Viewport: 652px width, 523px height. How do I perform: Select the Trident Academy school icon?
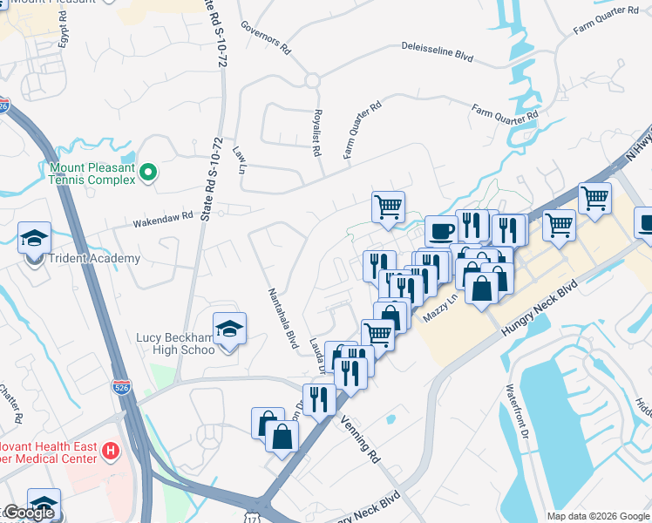pyautogui.click(x=35, y=238)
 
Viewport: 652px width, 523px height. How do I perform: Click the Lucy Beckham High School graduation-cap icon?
pyautogui.click(x=230, y=329)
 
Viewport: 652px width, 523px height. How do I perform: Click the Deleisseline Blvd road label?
pyautogui.click(x=437, y=51)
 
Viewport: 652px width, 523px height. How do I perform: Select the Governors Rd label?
pyautogui.click(x=264, y=34)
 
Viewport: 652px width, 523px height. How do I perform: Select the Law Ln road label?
pyautogui.click(x=240, y=160)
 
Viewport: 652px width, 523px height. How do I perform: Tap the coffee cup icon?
pyautogui.click(x=441, y=231)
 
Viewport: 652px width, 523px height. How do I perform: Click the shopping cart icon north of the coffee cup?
pyautogui.click(x=388, y=207)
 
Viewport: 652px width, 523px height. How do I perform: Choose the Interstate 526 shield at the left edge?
pyautogui.click(x=4, y=105)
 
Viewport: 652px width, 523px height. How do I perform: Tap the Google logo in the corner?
pyautogui.click(x=28, y=513)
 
